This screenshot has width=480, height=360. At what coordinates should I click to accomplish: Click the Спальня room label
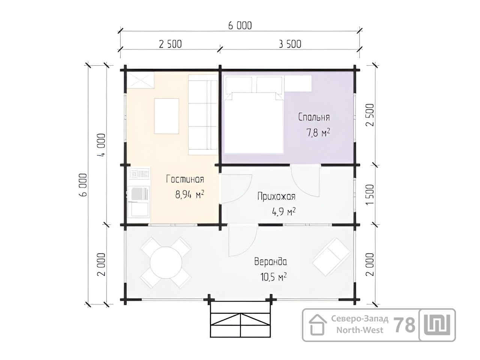pos(314,117)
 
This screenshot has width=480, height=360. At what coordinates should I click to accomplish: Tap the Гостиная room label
pos(185,179)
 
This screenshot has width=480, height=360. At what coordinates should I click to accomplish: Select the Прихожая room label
pos(276,196)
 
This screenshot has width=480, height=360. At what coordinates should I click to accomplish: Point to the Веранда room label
pos(270,261)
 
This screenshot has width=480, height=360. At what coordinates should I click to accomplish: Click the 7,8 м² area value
pos(318,132)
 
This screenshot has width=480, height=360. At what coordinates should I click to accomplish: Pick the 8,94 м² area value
pos(190,194)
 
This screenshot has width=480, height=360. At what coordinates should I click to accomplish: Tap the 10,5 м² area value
pos(274,277)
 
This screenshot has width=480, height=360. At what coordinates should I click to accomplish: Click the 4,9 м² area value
pos(284,211)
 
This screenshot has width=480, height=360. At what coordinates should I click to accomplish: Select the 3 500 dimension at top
pos(290,44)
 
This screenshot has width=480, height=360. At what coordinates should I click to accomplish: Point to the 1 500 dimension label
pos(370,194)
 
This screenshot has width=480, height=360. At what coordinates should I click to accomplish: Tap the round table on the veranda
pos(166,262)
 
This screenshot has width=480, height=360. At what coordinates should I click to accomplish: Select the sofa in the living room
pos(203,115)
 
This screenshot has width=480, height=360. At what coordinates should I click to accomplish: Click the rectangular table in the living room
pos(166,116)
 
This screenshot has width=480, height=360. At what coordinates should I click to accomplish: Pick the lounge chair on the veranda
pos(331,257)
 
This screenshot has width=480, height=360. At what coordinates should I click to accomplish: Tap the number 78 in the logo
pos(404,325)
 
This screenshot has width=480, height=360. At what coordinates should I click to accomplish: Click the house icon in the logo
pos(318,325)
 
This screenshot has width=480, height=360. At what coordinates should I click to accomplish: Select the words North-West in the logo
pos(360,330)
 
